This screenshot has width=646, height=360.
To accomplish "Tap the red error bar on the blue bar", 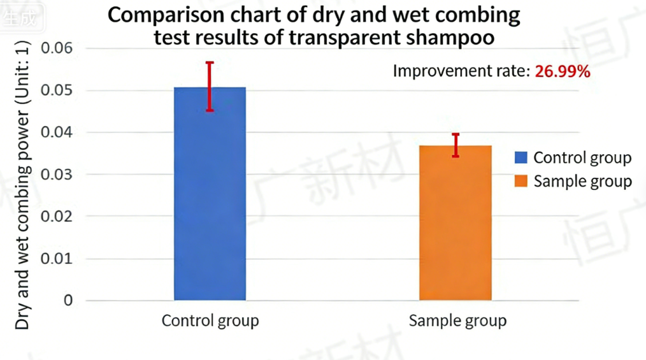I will (x=210, y=86).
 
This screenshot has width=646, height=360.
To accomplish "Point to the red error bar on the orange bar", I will (x=456, y=145).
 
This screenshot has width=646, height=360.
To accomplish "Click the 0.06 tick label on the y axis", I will (x=57, y=48).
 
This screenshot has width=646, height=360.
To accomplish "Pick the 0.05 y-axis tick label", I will (x=57, y=90).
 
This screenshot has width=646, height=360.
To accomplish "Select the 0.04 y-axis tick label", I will (x=57, y=133).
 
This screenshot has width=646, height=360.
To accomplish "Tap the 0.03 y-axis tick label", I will (x=57, y=174).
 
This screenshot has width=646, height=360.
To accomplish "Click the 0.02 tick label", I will (x=57, y=216).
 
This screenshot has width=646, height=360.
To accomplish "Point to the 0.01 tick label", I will (x=57, y=258).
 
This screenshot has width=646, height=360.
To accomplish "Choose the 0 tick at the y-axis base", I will (x=68, y=300).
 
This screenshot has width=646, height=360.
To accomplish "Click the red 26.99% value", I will (x=562, y=71).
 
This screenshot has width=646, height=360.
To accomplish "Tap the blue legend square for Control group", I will (x=521, y=157).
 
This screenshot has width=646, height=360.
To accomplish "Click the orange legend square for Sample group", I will (x=521, y=181).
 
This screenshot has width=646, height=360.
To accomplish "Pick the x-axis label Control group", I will (x=210, y=320).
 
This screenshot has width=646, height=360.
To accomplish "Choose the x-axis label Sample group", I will (x=457, y=320).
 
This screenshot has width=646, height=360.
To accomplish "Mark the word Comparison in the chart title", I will (x=161, y=15).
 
